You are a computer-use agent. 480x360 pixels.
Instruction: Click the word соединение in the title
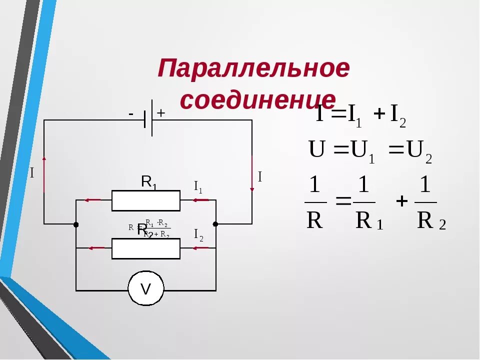click(x=257, y=99)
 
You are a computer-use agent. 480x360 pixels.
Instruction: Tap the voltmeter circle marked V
click(x=145, y=289)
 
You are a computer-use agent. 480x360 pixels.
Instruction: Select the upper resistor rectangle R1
click(x=145, y=200)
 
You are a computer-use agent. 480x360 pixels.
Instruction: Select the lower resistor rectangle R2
click(x=145, y=248)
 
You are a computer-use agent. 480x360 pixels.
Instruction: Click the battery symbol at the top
click(x=148, y=119)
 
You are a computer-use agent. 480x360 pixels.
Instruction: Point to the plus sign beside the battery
click(x=161, y=113)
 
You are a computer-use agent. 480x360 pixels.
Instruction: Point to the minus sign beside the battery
click(x=131, y=114)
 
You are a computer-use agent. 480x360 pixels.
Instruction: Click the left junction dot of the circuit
click(x=76, y=224)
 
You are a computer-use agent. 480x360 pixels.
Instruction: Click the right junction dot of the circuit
click(x=215, y=224)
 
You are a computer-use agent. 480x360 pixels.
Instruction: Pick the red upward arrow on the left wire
click(x=44, y=172)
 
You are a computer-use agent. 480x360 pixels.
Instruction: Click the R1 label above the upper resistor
click(x=148, y=182)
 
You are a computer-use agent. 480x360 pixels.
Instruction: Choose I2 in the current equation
click(x=397, y=115)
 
